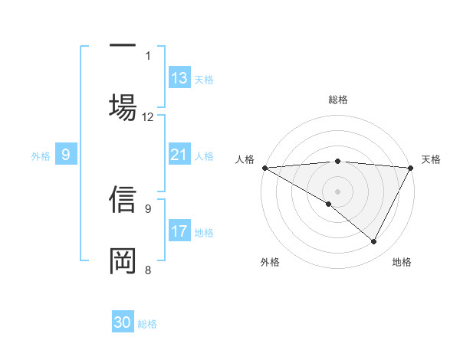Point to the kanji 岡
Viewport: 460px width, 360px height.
pos(123,260)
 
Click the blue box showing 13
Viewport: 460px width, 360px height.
pos(179,78)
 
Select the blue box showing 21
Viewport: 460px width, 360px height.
pos(179,155)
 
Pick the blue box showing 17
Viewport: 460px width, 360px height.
pos(179,231)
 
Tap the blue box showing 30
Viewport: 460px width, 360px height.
pos(123,323)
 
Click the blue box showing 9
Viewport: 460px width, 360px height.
pos(66,155)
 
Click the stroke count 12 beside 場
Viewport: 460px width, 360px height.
pos(148,117)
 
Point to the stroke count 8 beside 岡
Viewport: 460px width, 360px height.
pos(148,270)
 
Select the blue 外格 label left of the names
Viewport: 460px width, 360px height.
pos(41,156)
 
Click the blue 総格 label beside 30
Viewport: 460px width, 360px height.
pos(147,324)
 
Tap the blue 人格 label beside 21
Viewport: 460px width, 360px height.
pos(204,156)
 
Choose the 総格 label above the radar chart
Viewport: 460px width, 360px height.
pos(337,100)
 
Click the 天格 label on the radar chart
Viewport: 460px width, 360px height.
pos(432,159)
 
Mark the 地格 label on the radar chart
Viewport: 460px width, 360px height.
pos(402,262)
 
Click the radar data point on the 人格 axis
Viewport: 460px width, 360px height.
pos(264,168)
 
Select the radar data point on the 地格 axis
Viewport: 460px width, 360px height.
pos(374,242)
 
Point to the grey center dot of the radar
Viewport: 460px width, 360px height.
pos(337,191)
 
